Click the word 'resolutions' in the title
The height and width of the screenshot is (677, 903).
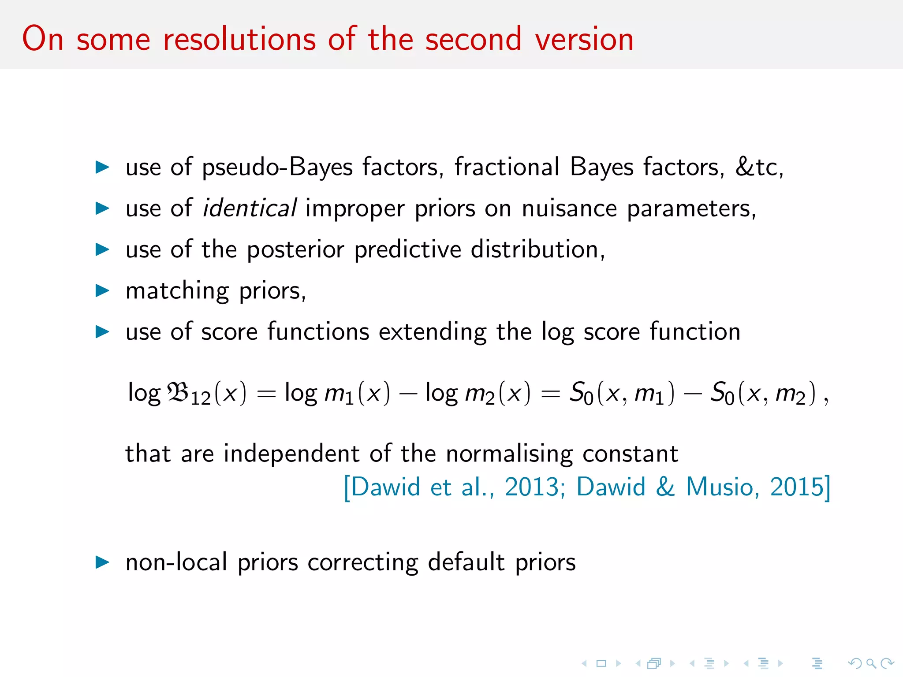coord(239,39)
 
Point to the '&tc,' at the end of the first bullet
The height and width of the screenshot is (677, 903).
coord(759,167)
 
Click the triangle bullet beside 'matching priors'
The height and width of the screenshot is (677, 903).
coord(102,290)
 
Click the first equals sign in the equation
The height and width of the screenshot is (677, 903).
coord(266,393)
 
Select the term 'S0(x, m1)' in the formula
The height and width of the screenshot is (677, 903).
coord(622,393)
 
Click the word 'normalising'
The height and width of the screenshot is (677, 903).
coord(509,454)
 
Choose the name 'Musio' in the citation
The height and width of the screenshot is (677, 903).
coord(720,487)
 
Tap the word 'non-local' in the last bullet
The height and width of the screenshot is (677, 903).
coord(176,562)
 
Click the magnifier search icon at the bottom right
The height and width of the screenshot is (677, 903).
coord(870,663)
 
